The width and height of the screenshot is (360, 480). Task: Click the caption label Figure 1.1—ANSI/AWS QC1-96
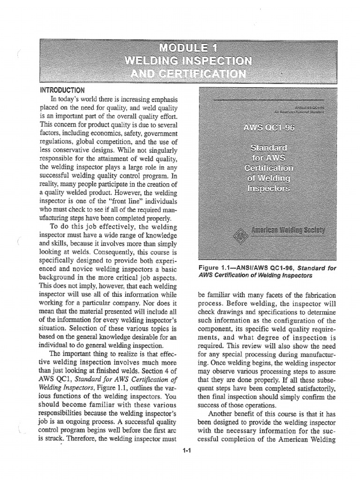coord(237,267)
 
